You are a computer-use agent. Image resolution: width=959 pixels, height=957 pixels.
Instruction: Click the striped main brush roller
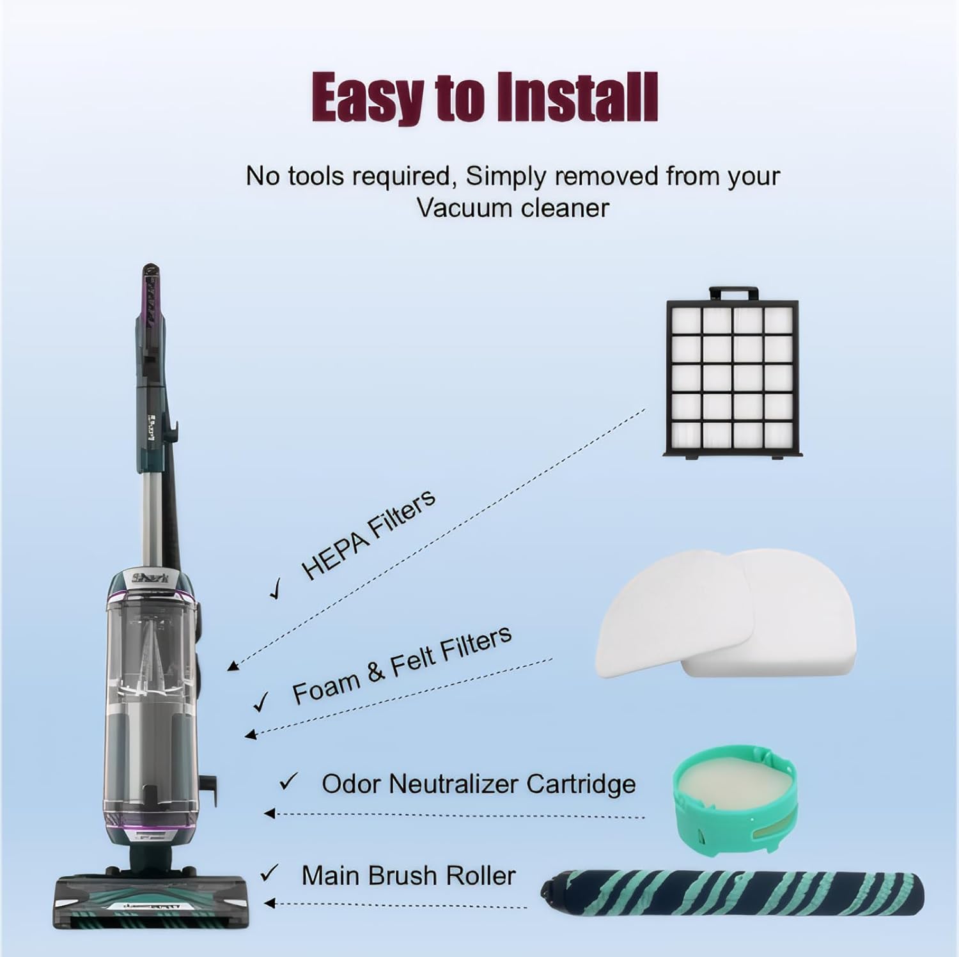pos(732,891)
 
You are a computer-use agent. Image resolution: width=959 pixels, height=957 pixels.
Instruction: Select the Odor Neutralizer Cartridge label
pos(478,784)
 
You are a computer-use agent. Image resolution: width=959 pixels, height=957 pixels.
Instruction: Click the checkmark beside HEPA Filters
pos(277,589)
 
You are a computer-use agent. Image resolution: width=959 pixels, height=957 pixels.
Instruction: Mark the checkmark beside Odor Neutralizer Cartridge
pos(289,781)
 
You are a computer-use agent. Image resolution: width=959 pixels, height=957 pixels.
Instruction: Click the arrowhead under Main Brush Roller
pos(270,903)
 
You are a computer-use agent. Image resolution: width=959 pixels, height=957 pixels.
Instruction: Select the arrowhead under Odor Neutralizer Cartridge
pos(270,813)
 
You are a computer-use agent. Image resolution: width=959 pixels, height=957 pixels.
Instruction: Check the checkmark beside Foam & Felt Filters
pos(261,702)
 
